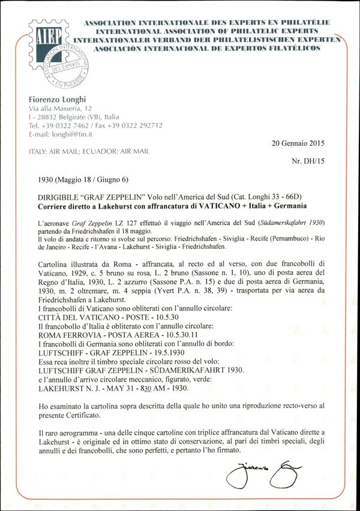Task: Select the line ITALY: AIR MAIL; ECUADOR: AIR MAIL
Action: coord(89,151)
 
